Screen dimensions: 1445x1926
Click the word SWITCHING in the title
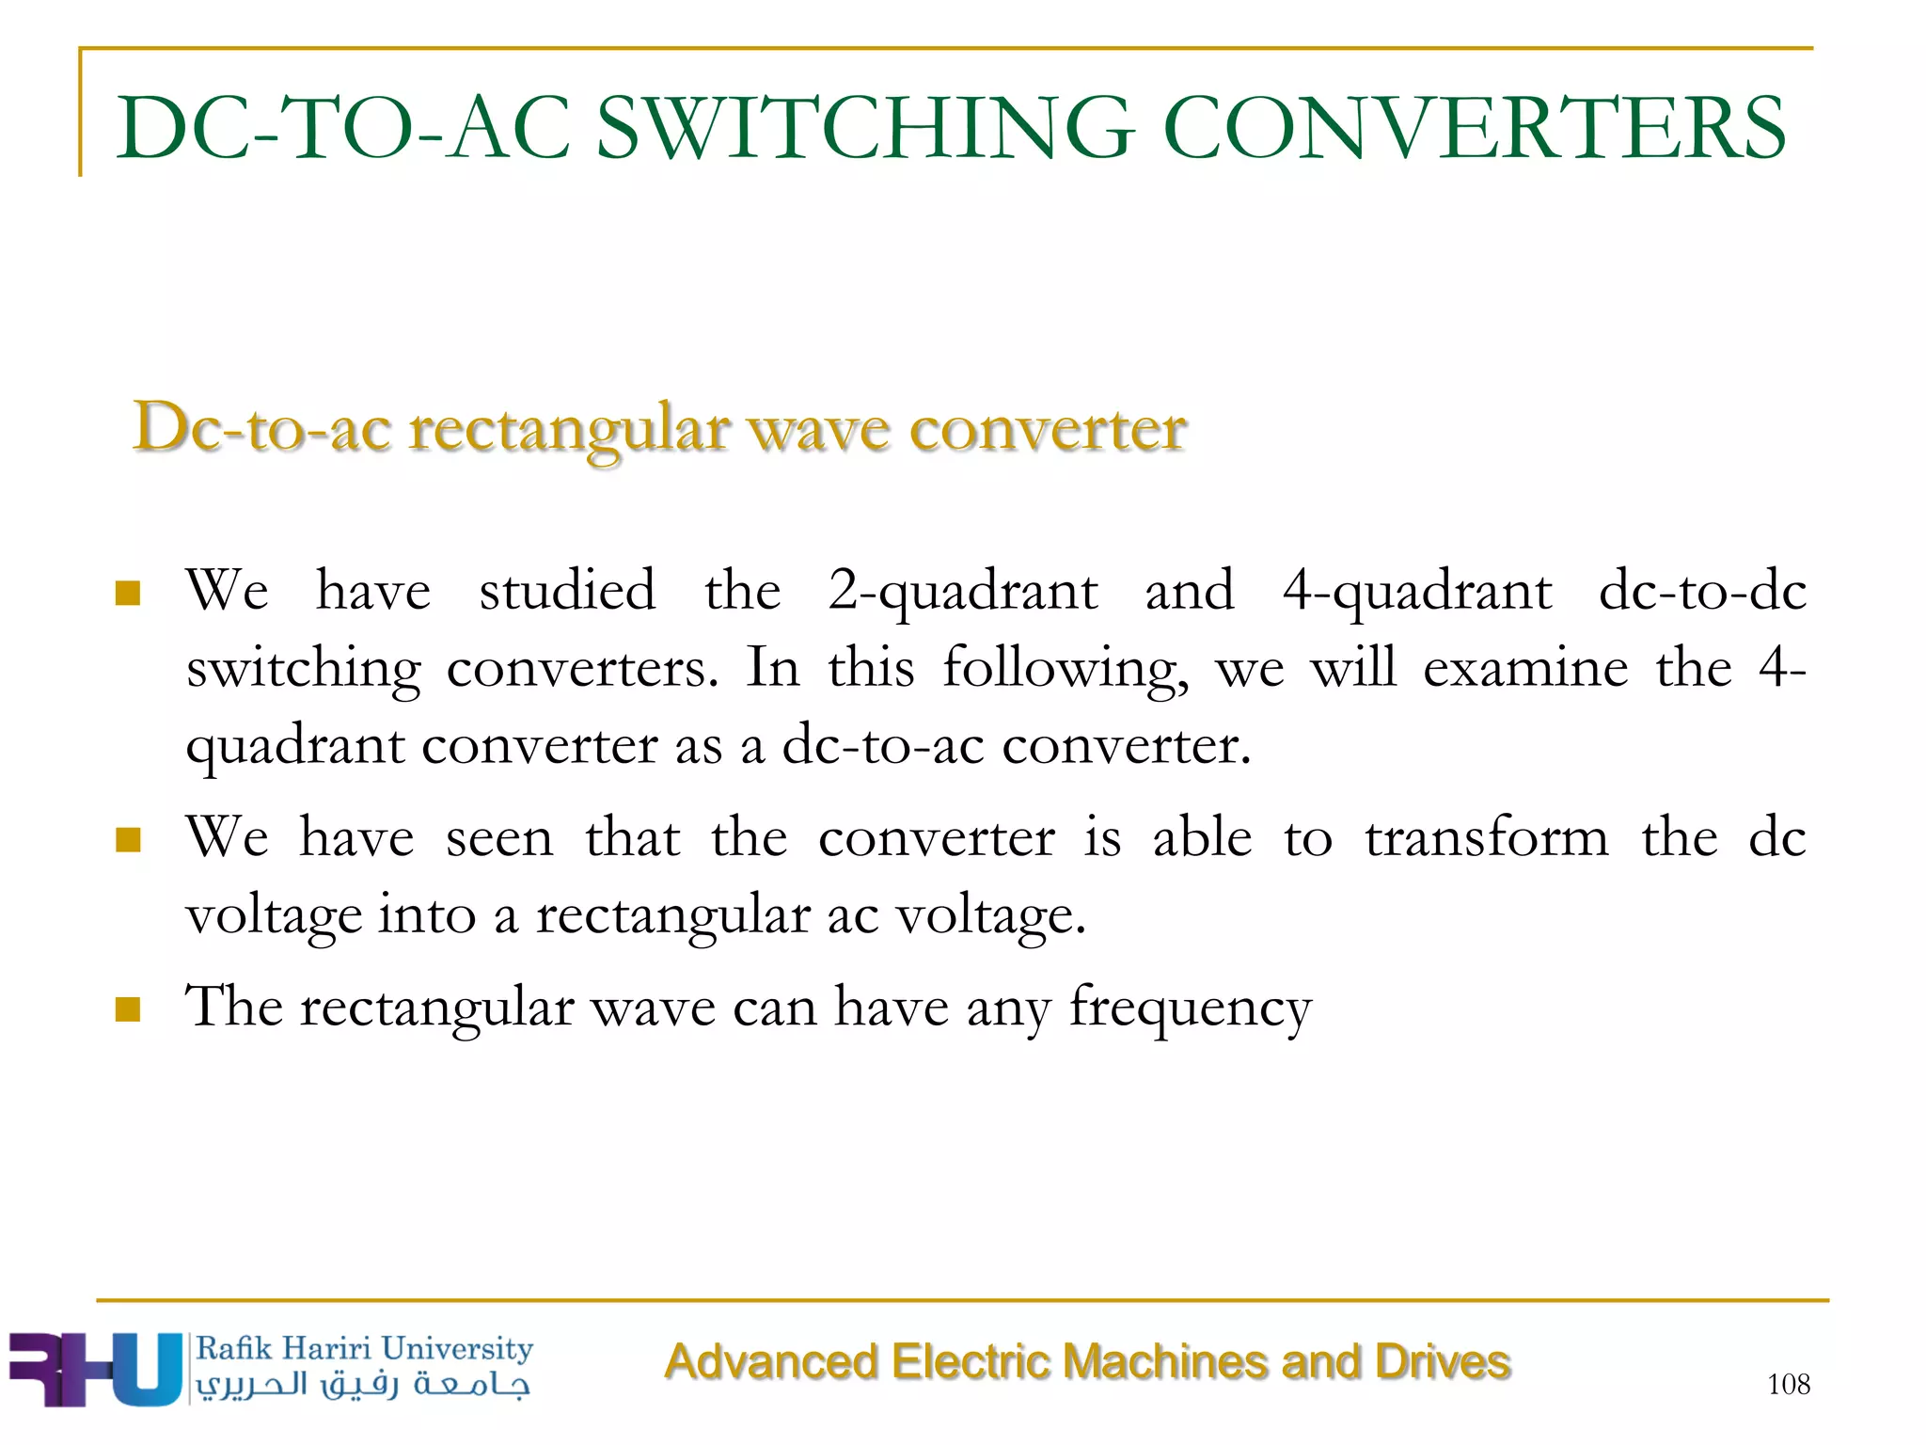tap(864, 128)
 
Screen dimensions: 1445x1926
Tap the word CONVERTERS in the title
tap(1474, 128)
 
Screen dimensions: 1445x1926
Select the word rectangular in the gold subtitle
tap(569, 430)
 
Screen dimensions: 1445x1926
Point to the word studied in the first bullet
tap(567, 591)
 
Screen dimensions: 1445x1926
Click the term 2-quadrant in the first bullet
tap(962, 593)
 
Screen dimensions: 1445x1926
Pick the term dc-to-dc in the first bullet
tap(1702, 591)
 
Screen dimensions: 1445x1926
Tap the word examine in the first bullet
tap(1524, 668)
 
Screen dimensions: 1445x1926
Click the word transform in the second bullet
tap(1487, 837)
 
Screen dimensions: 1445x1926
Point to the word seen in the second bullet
tap(499, 839)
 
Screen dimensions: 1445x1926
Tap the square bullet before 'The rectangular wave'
tap(127, 1009)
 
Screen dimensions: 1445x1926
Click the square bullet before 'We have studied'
tap(127, 594)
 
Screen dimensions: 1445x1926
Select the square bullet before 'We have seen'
tap(127, 839)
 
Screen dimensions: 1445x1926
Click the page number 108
tap(1788, 1384)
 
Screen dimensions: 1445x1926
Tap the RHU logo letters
tap(94, 1369)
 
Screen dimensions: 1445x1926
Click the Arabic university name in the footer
tap(363, 1385)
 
